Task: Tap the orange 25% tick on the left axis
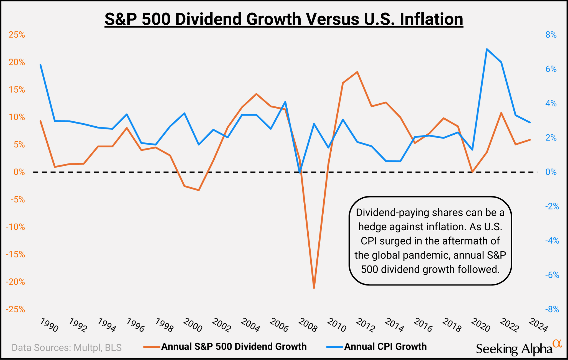[17, 35]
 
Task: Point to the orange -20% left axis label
[16, 282]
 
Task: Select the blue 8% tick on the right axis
[551, 35]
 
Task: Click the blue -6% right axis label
[552, 275]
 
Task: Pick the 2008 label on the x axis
[308, 325]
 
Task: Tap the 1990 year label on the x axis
[49, 325]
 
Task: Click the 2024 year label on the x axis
[538, 325]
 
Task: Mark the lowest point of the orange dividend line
[314, 288]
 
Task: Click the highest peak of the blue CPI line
[487, 49]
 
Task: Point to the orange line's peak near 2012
[357, 72]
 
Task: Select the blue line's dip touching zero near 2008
[300, 172]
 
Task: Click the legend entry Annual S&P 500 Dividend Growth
[234, 346]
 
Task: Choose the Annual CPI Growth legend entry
[385, 346]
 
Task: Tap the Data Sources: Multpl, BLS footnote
[67, 348]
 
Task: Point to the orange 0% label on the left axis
[19, 172]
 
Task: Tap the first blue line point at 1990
[40, 65]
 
